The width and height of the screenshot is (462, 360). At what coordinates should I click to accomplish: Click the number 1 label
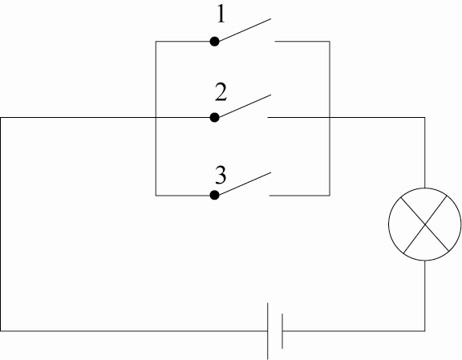pyautogui.click(x=221, y=14)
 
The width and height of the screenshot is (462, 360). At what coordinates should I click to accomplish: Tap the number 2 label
pyautogui.click(x=221, y=92)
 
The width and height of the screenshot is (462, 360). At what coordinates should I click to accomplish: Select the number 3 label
pyautogui.click(x=221, y=175)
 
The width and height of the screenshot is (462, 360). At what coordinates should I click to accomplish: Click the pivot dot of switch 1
pyautogui.click(x=214, y=41)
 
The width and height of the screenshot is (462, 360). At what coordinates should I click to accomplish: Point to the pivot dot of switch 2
pyautogui.click(x=214, y=117)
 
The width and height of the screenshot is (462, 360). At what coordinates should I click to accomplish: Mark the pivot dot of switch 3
pyautogui.click(x=214, y=195)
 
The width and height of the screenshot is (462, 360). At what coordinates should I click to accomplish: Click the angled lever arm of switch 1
pyautogui.click(x=245, y=30)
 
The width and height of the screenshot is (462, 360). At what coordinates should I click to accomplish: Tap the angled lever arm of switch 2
pyautogui.click(x=245, y=106)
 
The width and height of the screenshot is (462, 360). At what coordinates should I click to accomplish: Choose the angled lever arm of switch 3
pyautogui.click(x=245, y=184)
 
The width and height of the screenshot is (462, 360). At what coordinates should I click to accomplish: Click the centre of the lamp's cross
pyautogui.click(x=425, y=224)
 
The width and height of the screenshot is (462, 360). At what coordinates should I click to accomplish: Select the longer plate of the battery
pyautogui.click(x=268, y=331)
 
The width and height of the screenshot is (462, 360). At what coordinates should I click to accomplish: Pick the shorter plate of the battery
pyautogui.click(x=282, y=331)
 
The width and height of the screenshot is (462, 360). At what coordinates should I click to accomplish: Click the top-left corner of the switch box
pyautogui.click(x=156, y=41)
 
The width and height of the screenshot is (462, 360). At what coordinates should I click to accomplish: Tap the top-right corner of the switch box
pyautogui.click(x=330, y=41)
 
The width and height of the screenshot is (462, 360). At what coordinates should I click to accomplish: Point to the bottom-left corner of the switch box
pyautogui.click(x=156, y=196)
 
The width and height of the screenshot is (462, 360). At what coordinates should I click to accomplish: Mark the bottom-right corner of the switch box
pyautogui.click(x=330, y=196)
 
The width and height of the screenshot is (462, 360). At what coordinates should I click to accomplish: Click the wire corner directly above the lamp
pyautogui.click(x=424, y=118)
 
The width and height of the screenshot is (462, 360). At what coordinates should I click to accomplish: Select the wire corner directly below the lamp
pyautogui.click(x=424, y=331)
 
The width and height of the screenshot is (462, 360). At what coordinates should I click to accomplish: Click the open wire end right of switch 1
pyautogui.click(x=275, y=41)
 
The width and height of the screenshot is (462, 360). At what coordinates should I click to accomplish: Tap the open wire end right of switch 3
pyautogui.click(x=269, y=196)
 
